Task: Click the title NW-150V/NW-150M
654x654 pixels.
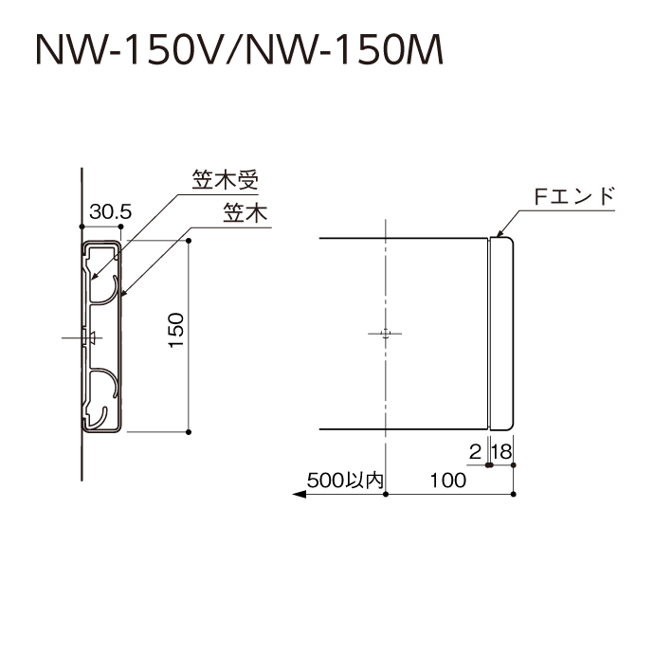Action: point(240,50)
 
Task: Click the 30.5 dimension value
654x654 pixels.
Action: point(110,211)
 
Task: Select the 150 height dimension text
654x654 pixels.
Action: point(176,330)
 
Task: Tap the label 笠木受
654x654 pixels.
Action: point(225,180)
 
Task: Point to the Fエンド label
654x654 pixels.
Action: point(574,196)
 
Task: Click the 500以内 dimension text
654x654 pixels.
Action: point(345,480)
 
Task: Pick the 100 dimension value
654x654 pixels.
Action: point(448,480)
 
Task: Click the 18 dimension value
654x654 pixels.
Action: point(501,451)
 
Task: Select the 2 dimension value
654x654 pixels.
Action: point(475,451)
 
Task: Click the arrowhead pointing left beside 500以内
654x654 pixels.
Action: point(300,494)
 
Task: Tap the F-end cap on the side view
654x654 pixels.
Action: point(501,334)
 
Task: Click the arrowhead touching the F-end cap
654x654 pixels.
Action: point(500,233)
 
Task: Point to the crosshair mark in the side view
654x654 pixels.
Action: point(386,334)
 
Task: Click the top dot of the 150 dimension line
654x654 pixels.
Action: point(189,241)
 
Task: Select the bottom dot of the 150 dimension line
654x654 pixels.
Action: point(189,432)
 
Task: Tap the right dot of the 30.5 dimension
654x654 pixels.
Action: point(121,227)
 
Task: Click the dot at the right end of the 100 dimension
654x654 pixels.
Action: point(514,494)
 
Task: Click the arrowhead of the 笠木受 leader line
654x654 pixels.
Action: point(95,276)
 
